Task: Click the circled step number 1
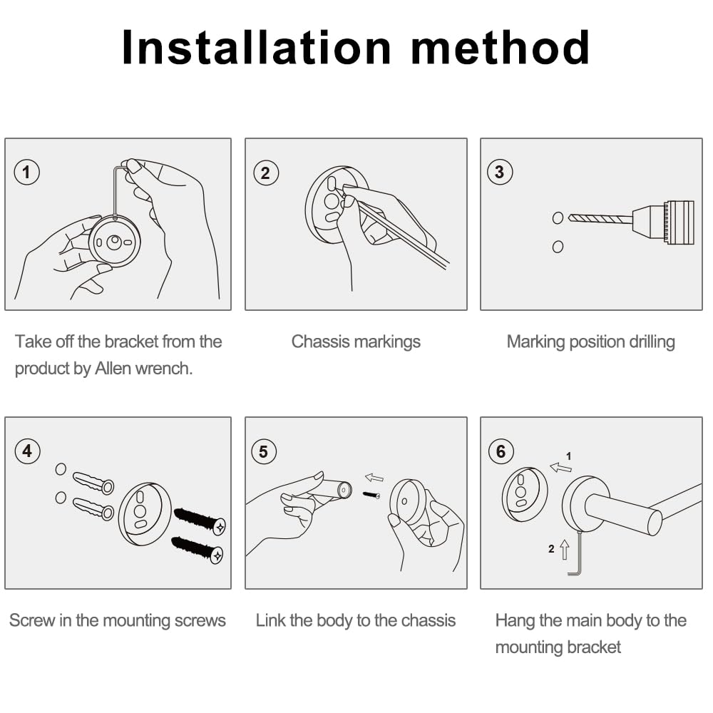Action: click(x=27, y=173)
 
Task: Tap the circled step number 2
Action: click(x=265, y=173)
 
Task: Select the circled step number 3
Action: click(x=500, y=172)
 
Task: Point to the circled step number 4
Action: click(x=27, y=451)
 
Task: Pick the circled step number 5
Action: click(x=264, y=451)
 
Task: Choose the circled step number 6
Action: click(x=501, y=451)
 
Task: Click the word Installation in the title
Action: click(x=257, y=47)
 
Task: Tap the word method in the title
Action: click(x=501, y=47)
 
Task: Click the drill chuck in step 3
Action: click(x=663, y=222)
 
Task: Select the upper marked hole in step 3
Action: click(x=558, y=217)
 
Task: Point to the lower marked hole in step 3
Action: click(x=558, y=247)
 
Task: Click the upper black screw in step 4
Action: click(x=200, y=520)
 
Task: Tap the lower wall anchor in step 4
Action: click(x=93, y=508)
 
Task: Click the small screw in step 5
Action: click(x=371, y=495)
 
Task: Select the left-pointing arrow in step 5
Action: click(x=374, y=478)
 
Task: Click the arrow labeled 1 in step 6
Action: click(x=560, y=467)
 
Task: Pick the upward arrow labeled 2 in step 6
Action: click(x=565, y=549)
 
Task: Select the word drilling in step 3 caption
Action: click(x=652, y=342)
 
